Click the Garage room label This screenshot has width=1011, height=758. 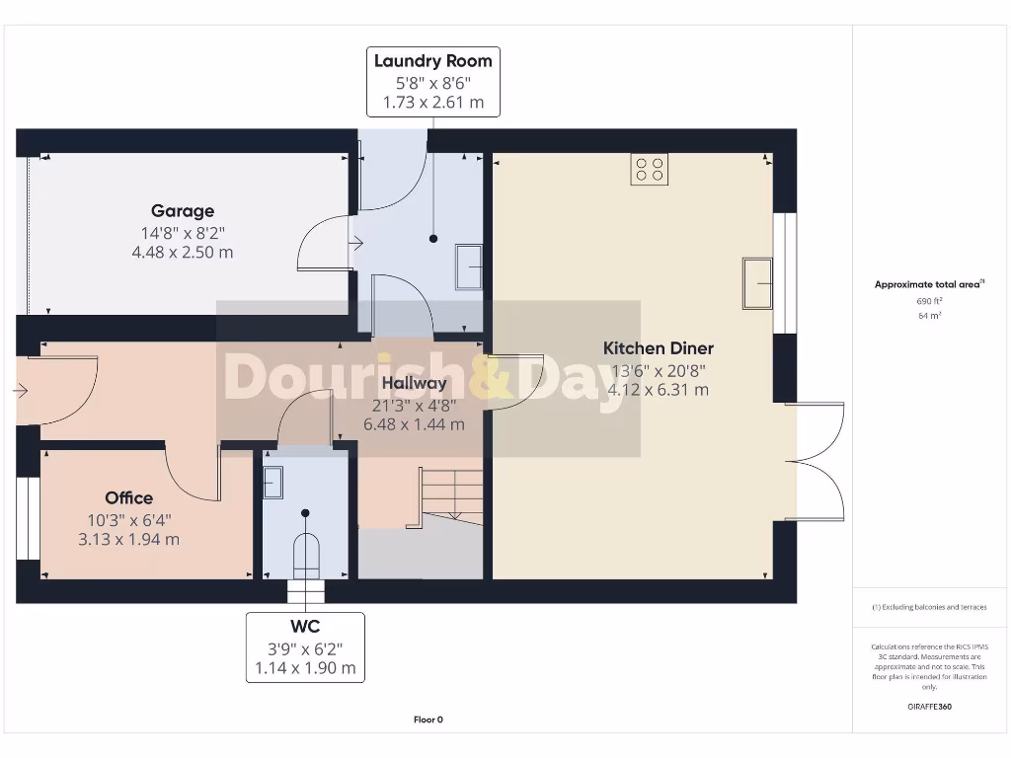click(183, 210)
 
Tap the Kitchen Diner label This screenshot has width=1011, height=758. click(658, 347)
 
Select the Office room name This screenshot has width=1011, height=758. click(129, 497)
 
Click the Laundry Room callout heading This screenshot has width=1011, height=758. click(432, 61)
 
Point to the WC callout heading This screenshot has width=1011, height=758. click(305, 627)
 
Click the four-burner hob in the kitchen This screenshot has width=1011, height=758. click(649, 170)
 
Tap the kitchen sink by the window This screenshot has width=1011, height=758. click(757, 283)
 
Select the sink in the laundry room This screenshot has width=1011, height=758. click(469, 265)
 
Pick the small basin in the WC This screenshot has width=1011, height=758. click(272, 482)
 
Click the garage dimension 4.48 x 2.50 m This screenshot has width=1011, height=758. click(183, 253)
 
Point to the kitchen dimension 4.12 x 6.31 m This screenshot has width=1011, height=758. click(658, 390)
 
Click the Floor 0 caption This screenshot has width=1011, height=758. click(428, 720)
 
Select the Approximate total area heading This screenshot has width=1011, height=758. click(928, 284)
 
